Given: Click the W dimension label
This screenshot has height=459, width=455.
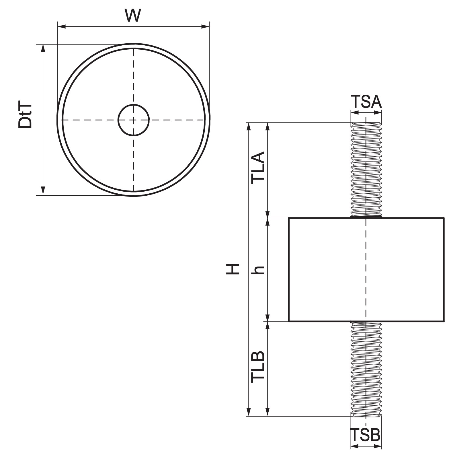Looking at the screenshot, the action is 133,15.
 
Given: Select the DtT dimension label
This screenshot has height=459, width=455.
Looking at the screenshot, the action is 25,116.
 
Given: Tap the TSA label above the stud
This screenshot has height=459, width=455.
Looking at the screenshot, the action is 366,102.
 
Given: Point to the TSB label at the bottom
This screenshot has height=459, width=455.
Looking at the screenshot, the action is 365,435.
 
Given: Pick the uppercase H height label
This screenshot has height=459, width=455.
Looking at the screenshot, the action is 233,269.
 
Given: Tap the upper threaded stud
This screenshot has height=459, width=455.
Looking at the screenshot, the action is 366,170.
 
